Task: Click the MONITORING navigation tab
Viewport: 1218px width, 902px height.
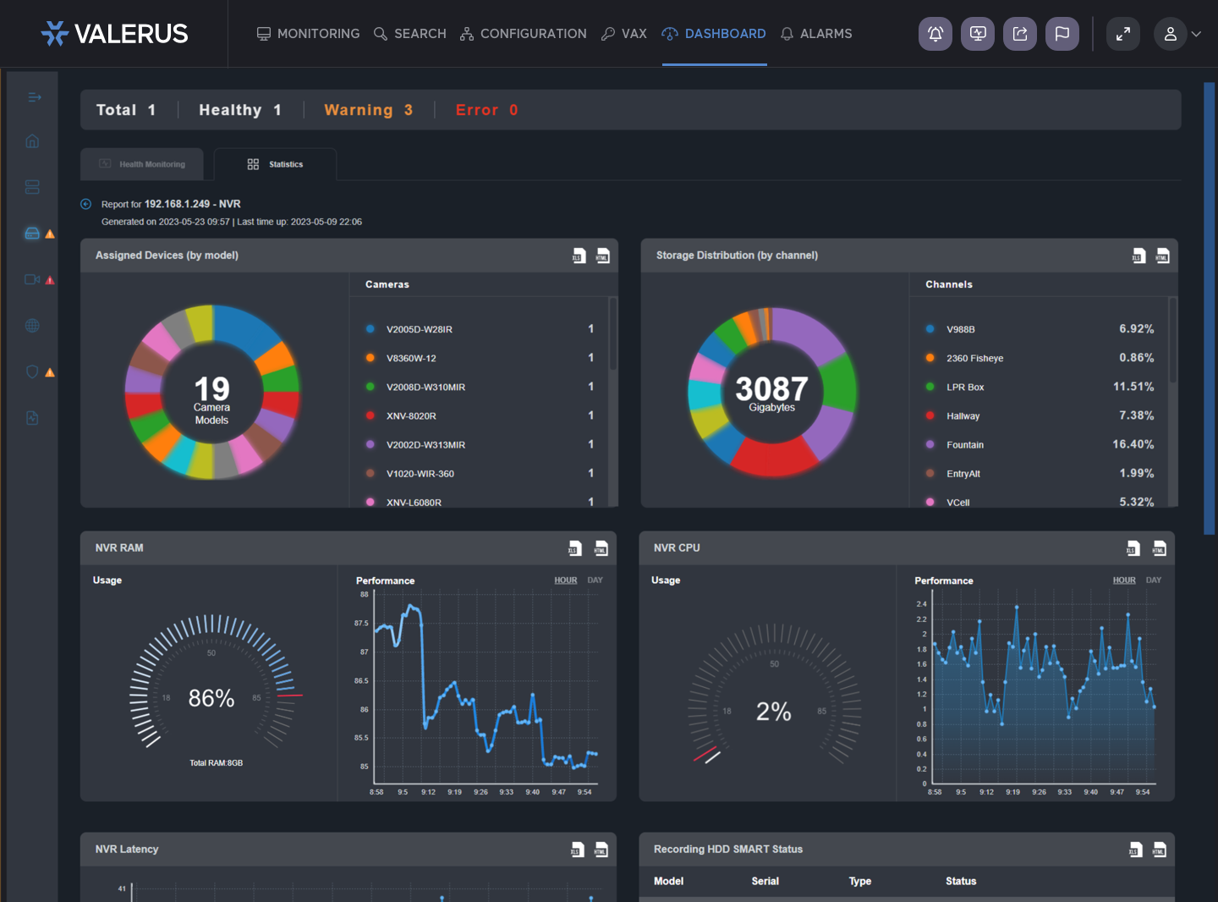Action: pos(309,34)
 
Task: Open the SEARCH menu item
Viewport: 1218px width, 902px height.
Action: pos(410,34)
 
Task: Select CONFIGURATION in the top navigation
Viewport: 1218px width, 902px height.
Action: pos(524,34)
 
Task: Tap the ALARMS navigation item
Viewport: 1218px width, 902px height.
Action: pos(816,34)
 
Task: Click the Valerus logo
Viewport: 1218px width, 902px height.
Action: pos(115,34)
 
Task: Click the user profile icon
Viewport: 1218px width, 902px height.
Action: pos(1171,34)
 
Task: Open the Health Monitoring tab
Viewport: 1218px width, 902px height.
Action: pos(142,164)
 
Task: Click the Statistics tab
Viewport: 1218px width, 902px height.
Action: pos(276,164)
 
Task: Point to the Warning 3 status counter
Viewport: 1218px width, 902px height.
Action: pos(368,110)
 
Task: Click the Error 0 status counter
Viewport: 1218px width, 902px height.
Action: pos(486,110)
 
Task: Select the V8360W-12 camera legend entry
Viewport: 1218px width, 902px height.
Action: pos(411,358)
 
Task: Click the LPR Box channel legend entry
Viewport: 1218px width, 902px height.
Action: pos(965,387)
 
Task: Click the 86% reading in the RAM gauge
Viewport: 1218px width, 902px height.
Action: pos(211,698)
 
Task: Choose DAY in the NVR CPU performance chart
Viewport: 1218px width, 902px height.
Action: pos(1154,580)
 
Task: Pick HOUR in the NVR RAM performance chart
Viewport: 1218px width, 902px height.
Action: pos(566,580)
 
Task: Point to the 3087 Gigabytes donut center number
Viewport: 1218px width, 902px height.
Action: pos(771,389)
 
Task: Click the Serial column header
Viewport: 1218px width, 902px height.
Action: pos(765,881)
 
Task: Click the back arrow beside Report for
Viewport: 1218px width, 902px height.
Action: pos(85,204)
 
